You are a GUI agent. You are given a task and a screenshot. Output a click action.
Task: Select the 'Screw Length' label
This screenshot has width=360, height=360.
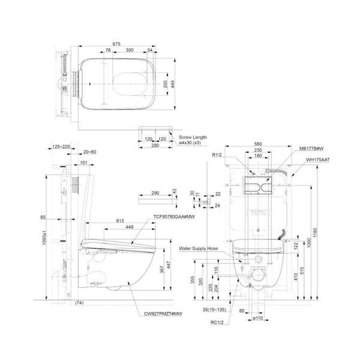(193, 137)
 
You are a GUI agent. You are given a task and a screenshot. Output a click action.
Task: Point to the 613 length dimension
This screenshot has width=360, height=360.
(112, 221)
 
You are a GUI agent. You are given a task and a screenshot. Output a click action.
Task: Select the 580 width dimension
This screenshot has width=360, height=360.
(258, 144)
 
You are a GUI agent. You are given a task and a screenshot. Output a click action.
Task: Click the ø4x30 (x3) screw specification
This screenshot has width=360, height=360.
(194, 144)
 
